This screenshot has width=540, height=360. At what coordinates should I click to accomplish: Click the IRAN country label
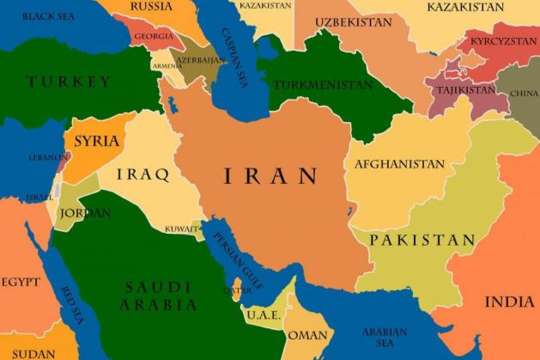coord(270,177)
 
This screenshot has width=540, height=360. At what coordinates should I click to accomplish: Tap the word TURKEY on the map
coord(69,82)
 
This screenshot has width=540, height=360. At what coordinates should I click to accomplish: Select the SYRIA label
coord(97,141)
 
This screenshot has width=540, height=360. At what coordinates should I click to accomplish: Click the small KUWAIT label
coord(181,229)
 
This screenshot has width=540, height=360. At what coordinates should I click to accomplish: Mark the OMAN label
coord(307,334)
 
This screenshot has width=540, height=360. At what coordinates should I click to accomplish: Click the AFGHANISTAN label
coord(399,164)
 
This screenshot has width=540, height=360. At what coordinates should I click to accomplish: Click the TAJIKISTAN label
coord(464,89)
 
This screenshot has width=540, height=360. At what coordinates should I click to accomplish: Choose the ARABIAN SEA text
coord(384,336)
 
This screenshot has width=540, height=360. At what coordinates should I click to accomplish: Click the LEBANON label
coord(49,158)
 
